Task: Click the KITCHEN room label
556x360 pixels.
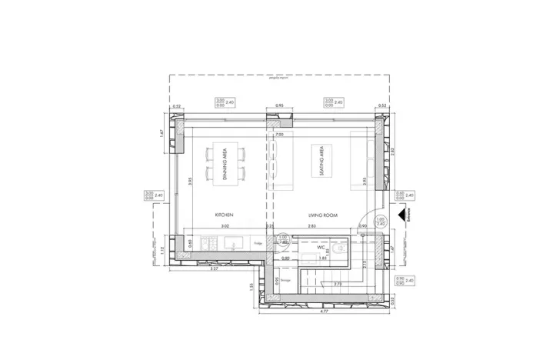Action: coord(225,213)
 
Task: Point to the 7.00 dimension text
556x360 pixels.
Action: coord(280,134)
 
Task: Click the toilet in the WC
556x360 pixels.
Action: coord(341,245)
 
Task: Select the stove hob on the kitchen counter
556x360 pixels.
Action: coord(205,244)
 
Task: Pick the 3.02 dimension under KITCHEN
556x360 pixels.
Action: coord(225,227)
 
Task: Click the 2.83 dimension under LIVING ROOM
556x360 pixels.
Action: coord(312,227)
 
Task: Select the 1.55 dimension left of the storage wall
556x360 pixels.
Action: coord(251,285)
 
